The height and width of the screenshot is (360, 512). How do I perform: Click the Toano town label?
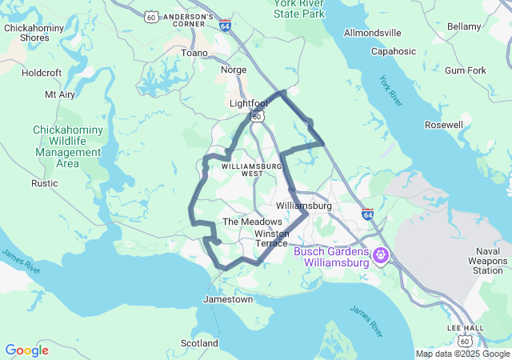click(x=194, y=53)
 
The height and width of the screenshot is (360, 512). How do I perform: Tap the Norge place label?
click(x=234, y=70)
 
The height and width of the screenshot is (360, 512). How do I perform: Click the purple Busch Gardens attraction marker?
click(x=380, y=256)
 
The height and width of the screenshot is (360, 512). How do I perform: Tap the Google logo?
click(x=26, y=350)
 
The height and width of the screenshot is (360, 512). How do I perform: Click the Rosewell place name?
click(x=444, y=125)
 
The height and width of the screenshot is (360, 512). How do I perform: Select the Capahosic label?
click(x=393, y=51)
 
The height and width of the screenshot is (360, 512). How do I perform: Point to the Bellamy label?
click(x=463, y=26)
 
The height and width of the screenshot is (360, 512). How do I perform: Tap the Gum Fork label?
click(x=465, y=70)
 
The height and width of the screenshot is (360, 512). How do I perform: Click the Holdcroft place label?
click(x=42, y=72)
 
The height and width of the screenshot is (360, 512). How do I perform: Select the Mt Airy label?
click(x=60, y=94)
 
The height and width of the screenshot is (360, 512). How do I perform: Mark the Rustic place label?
click(x=44, y=183)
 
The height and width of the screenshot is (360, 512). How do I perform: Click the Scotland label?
click(x=199, y=343)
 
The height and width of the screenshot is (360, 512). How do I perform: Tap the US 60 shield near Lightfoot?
click(x=256, y=116)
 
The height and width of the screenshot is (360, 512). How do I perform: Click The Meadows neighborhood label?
click(x=252, y=222)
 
